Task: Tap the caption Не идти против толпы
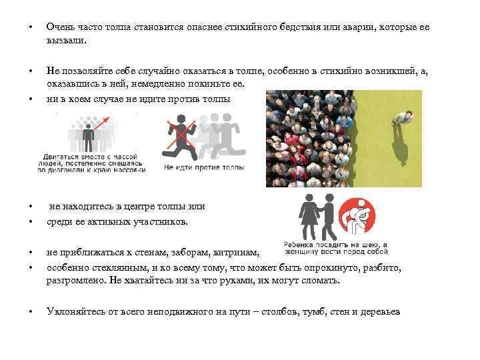(x=203, y=167)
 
